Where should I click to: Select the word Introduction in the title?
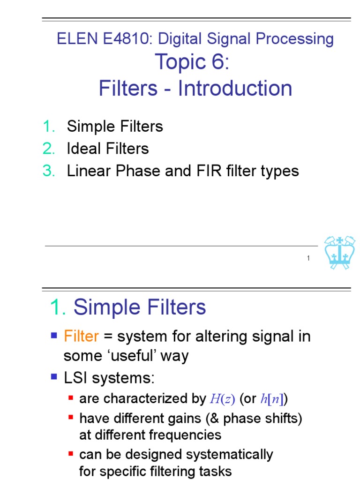click(x=235, y=89)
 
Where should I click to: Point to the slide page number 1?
click(x=308, y=258)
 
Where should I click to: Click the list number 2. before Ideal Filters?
click(x=49, y=149)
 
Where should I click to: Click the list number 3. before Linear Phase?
click(x=49, y=171)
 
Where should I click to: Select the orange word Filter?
click(x=81, y=337)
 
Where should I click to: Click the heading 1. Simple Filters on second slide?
click(x=128, y=307)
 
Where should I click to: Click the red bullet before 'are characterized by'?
click(x=71, y=398)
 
